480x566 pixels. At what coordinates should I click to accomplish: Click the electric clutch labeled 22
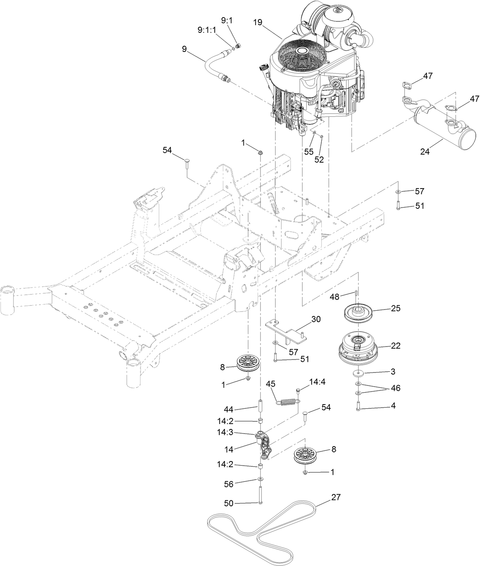tap(357, 347)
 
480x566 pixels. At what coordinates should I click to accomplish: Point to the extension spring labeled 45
tap(288, 402)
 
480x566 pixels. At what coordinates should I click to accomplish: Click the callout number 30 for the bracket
tap(316, 319)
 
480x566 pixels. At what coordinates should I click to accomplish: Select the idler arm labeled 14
tap(264, 445)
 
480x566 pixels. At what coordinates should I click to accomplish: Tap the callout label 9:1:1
tap(206, 29)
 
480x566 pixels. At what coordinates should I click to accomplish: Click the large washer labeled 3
tap(358, 372)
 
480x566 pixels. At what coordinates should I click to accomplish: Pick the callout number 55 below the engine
tap(308, 151)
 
